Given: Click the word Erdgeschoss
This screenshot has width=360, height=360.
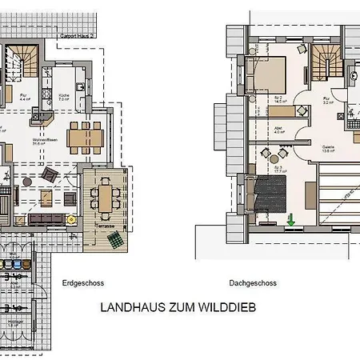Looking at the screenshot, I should pyautogui.click(x=82, y=283).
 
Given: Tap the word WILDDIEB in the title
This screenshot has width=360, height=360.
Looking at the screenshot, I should pyautogui.click(x=226, y=307).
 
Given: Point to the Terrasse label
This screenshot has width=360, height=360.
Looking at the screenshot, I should pyautogui.click(x=108, y=226).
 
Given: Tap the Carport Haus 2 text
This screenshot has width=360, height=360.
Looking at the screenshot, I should pyautogui.click(x=79, y=36).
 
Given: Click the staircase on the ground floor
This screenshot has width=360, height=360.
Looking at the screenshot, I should pyautogui.click(x=20, y=62).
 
